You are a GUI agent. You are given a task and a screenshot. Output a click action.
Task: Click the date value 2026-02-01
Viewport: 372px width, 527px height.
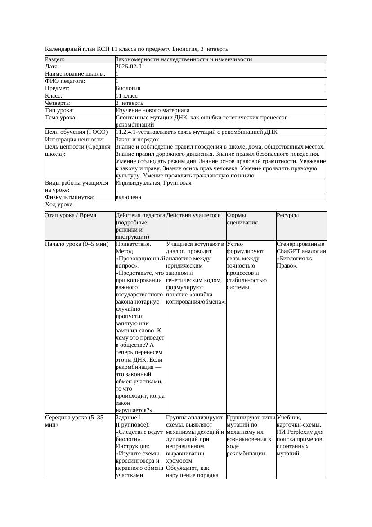pos(130,67)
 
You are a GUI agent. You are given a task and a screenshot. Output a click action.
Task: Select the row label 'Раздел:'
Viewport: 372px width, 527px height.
pos(55,59)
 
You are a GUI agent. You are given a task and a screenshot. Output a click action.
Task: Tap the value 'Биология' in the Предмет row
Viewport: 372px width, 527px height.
pos(128,88)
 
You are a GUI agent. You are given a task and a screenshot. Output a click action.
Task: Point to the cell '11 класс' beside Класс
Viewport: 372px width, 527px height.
pos(126,96)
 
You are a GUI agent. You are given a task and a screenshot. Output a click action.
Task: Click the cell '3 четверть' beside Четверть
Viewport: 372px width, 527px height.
pos(129,103)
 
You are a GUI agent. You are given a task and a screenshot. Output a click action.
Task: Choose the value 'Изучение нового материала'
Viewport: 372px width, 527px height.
pos(152,110)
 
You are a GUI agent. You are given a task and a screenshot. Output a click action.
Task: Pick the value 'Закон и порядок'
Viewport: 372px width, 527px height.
pos(137,140)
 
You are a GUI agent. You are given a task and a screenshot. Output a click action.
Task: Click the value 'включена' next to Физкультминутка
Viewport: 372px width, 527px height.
pos(128,197)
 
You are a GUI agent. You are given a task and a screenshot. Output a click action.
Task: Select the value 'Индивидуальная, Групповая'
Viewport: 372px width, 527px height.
pos(153,183)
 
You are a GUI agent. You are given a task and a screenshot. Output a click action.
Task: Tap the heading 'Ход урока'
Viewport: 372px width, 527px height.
pos(59,204)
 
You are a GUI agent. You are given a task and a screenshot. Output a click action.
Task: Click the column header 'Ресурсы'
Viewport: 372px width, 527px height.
pos(288,215)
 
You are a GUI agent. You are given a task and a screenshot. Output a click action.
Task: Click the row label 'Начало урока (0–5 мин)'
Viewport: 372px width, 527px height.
pos(77,244)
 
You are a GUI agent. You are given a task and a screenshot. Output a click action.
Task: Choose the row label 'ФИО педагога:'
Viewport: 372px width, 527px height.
pos(66,81)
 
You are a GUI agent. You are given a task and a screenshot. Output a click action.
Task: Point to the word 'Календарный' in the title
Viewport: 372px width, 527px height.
pos(63,49)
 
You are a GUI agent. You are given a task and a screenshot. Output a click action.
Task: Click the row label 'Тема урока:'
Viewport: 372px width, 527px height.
pos(61,118)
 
